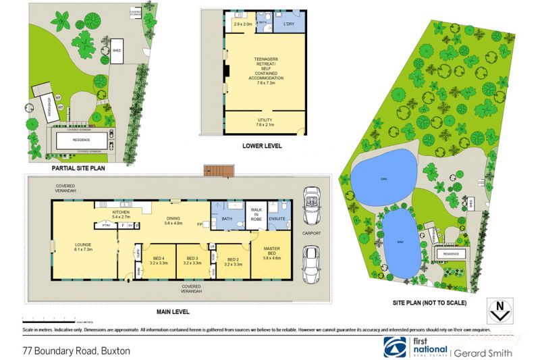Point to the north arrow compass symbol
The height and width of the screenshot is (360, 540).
point(500,313)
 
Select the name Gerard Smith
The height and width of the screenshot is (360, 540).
point(482,353)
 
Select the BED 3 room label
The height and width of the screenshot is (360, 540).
point(192,261)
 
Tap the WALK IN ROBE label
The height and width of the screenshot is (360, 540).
point(255,214)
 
